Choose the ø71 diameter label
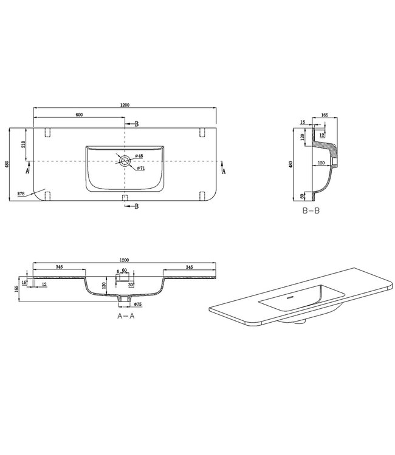[x=140, y=167]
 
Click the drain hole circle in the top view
[x=124, y=161]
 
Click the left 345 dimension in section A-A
[x=60, y=267]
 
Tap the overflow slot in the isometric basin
[x=289, y=298]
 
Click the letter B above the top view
[x=137, y=124]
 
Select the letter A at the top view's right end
[x=224, y=172]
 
